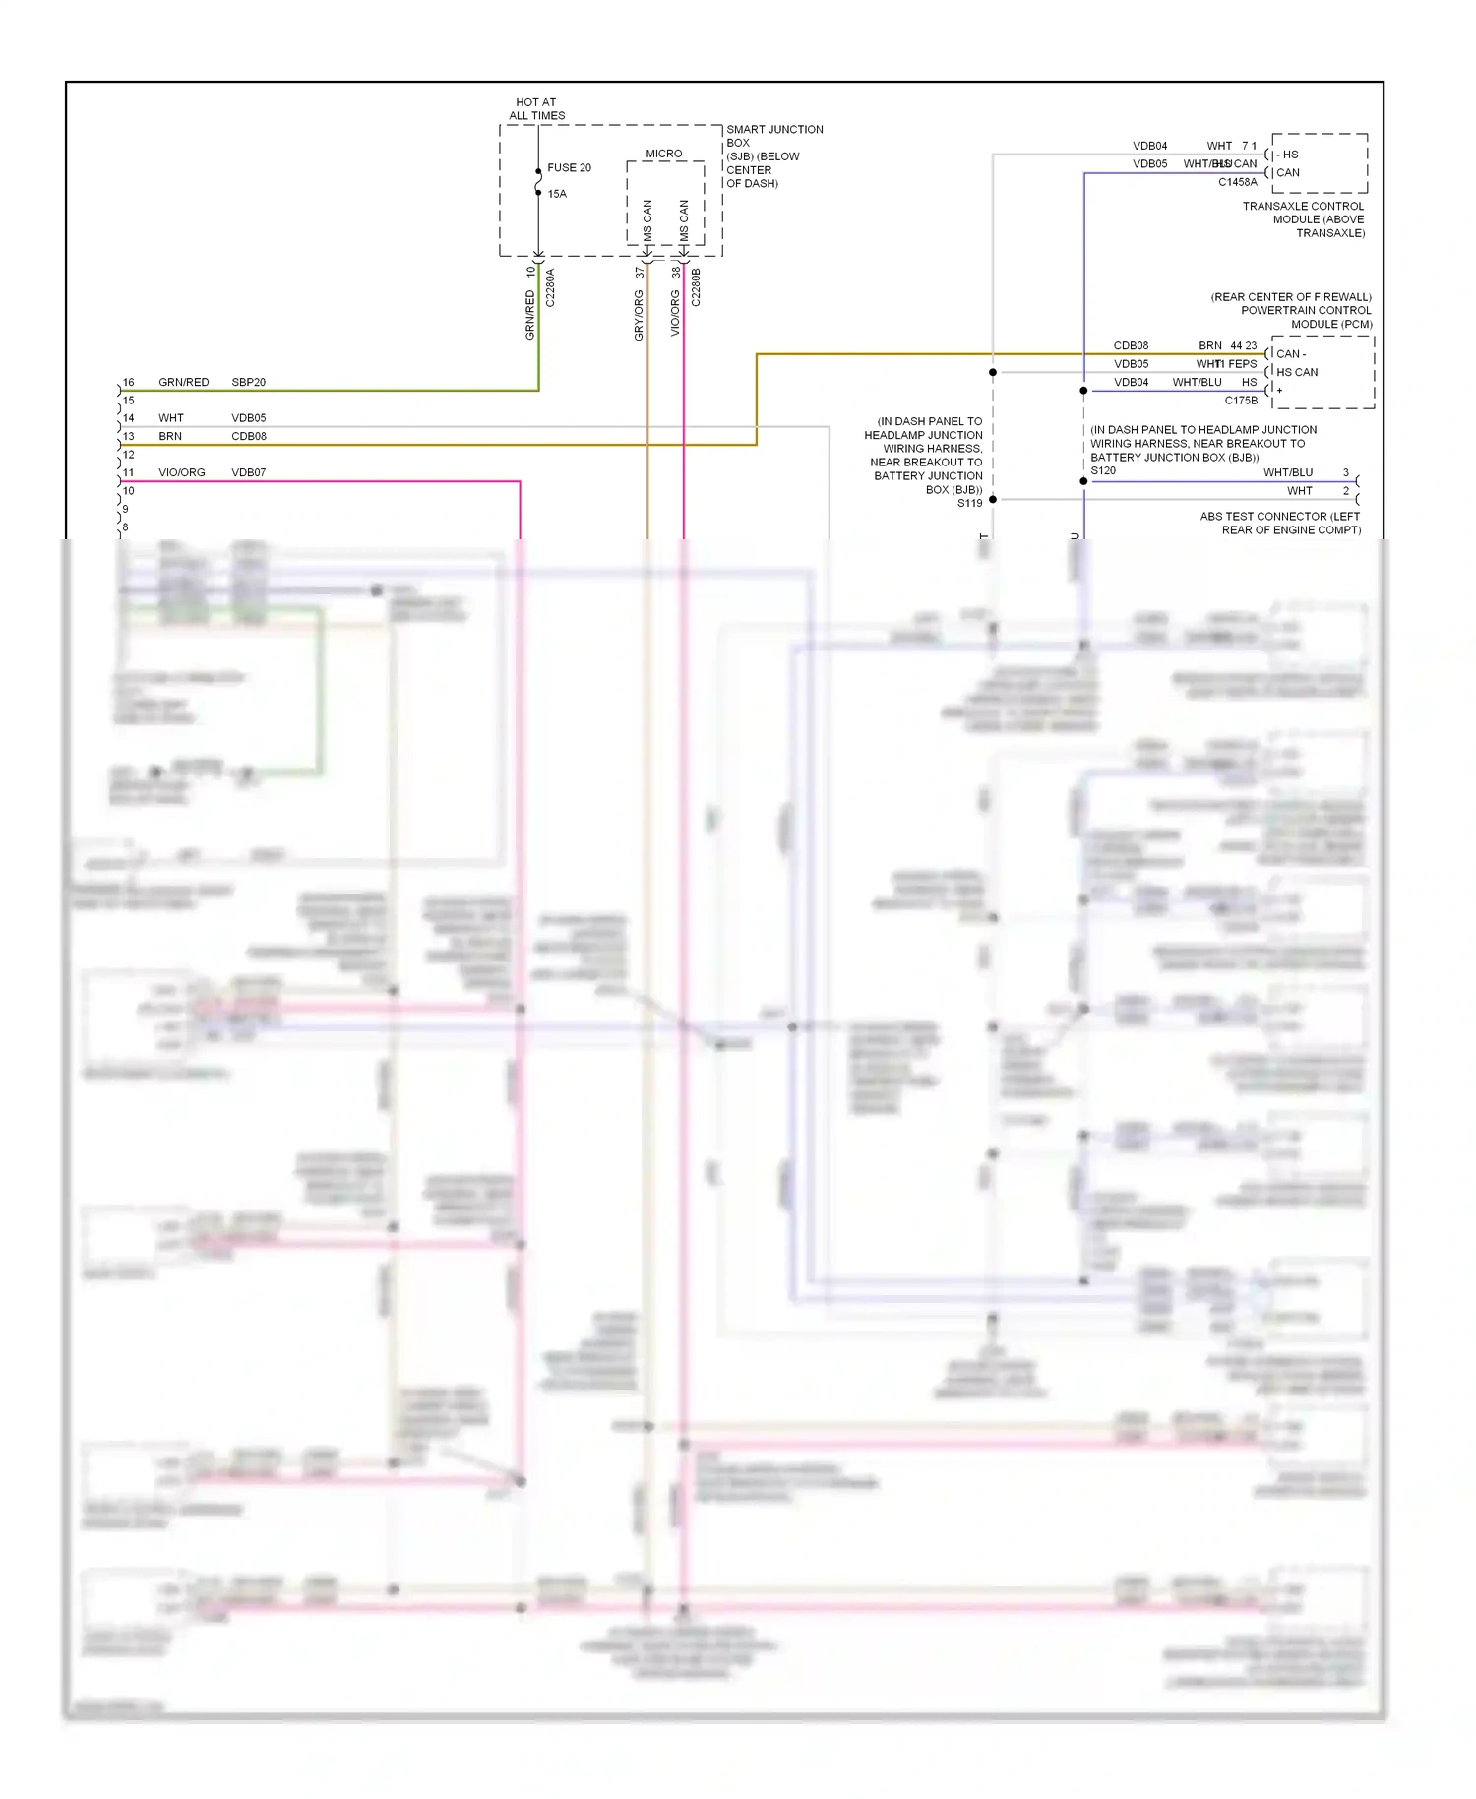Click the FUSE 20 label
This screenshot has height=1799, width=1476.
point(569,168)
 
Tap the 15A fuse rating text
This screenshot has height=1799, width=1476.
point(557,194)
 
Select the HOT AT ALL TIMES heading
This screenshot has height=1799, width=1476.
point(536,109)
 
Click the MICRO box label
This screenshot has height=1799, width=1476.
point(663,154)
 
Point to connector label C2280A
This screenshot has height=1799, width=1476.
point(550,287)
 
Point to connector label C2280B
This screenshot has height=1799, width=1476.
point(696,287)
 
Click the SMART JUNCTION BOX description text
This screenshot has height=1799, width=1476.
point(773,155)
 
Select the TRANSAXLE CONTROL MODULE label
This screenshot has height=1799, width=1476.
point(1303,219)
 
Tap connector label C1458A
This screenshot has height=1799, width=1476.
point(1237,182)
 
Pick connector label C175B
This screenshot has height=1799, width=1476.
point(1240,401)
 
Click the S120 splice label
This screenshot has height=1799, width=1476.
point(1103,470)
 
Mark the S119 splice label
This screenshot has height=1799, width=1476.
point(969,503)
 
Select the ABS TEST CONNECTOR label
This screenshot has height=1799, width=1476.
point(1279,523)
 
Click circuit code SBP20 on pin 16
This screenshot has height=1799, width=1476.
point(248,382)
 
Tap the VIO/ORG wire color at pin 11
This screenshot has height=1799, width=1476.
point(182,472)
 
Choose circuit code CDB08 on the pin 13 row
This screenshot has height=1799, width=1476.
point(248,436)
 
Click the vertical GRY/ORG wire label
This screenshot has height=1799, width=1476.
point(639,316)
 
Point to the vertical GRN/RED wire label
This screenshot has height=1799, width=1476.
point(530,315)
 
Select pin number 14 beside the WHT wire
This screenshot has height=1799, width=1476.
point(128,418)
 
